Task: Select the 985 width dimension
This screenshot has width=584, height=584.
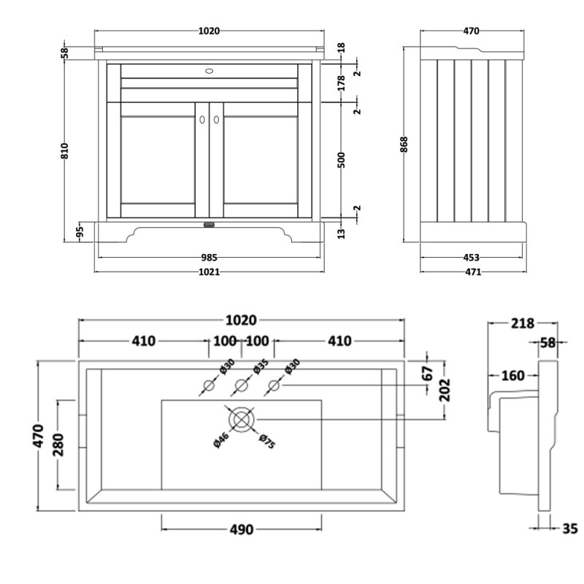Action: (210, 257)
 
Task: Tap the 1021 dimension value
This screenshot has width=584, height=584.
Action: (210, 272)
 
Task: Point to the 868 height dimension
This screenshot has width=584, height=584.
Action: (404, 144)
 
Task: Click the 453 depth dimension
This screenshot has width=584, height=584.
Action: (472, 257)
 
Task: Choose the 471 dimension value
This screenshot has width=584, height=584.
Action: (472, 272)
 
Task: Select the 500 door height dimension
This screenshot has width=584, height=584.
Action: (342, 161)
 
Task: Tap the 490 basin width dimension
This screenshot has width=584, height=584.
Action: (240, 530)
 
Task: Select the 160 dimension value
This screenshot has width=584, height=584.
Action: (513, 376)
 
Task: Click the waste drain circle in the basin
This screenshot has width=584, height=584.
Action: (241, 419)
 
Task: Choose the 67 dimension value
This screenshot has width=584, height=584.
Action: (429, 372)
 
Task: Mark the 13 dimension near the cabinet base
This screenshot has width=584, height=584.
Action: (342, 233)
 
